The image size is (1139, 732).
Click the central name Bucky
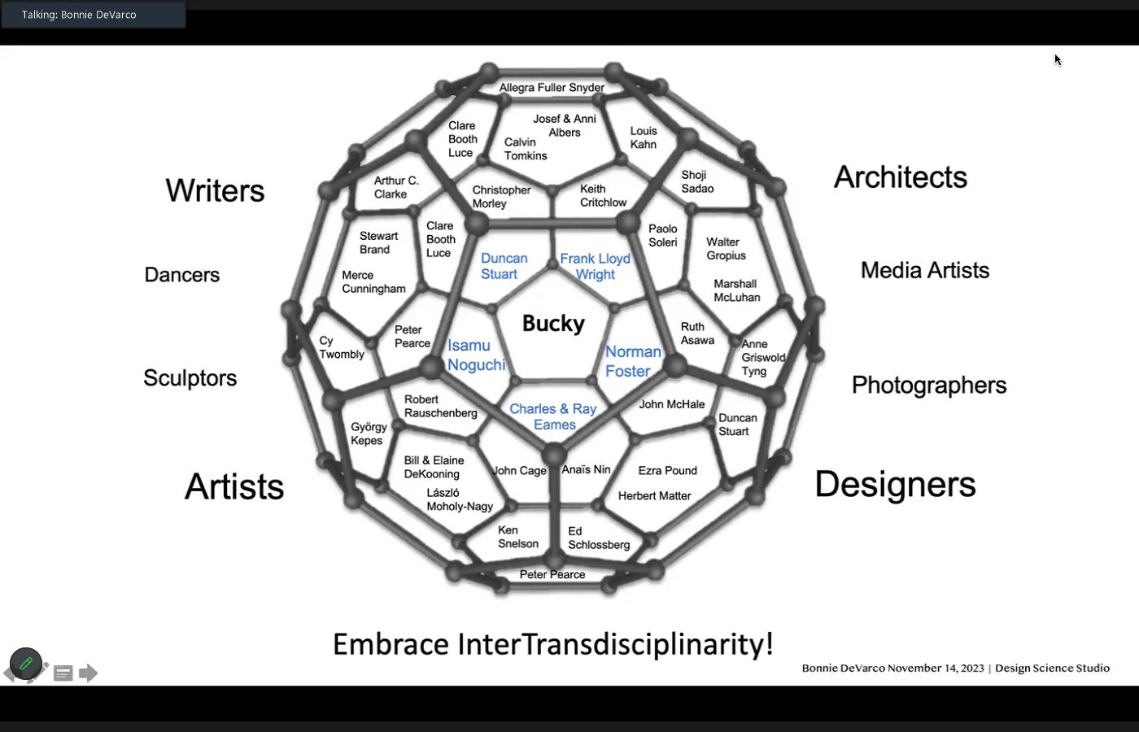point(553,324)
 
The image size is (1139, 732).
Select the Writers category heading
point(215,190)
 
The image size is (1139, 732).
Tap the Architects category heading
point(900,177)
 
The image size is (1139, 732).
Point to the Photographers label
point(928,385)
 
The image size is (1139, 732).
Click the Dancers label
point(181,275)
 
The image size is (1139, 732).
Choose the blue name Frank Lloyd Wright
point(595,266)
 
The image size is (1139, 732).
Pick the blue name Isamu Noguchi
point(476,355)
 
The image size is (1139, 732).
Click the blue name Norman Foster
point(632,361)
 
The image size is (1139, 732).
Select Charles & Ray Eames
point(553,416)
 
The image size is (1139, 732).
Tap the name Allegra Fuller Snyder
point(552,88)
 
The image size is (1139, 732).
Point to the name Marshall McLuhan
point(736,290)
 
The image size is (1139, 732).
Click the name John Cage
point(520,470)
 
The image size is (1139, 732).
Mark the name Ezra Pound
point(667,470)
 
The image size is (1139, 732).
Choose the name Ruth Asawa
point(697,333)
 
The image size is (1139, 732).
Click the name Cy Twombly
point(341,347)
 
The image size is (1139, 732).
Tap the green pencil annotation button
point(26,664)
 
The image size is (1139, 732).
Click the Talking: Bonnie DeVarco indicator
point(79,15)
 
